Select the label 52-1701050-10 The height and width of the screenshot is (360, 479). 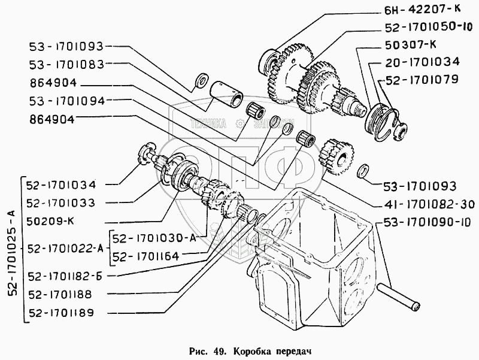click(429, 28)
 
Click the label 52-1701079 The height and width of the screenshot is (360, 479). click(422, 78)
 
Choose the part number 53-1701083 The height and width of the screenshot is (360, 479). click(66, 63)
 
